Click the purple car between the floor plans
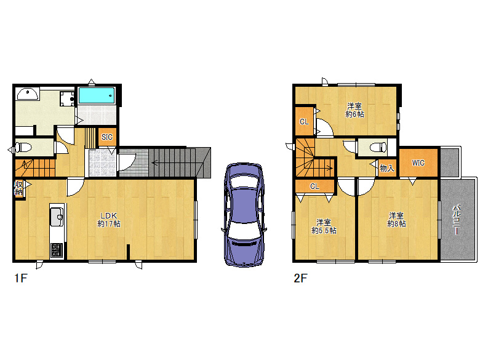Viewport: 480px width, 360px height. click(x=244, y=215)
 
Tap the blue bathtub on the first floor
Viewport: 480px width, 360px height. click(x=97, y=95)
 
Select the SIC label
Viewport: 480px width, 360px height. click(x=107, y=137)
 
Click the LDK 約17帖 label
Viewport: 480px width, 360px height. click(x=109, y=220)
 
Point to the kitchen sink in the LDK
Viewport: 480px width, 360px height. click(x=57, y=217)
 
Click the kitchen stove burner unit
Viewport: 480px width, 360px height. click(x=57, y=249)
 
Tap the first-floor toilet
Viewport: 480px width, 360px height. click(x=23, y=148)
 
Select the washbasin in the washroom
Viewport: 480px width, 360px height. click(x=28, y=94)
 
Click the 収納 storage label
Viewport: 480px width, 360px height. click(x=18, y=188)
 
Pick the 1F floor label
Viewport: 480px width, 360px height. click(x=21, y=278)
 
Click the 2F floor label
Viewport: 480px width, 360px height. click(x=300, y=278)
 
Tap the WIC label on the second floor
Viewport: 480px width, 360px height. click(x=418, y=163)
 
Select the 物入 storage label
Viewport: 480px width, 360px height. click(x=387, y=168)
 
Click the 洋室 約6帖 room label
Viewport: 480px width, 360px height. click(x=355, y=110)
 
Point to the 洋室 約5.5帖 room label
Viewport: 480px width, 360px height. click(x=324, y=226)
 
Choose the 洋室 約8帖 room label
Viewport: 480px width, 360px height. click(x=396, y=220)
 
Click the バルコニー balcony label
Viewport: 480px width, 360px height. click(x=456, y=220)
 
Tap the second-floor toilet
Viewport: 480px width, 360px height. click(x=378, y=148)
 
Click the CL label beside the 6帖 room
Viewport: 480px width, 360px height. click(x=304, y=122)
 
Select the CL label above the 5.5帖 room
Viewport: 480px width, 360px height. click(x=314, y=186)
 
